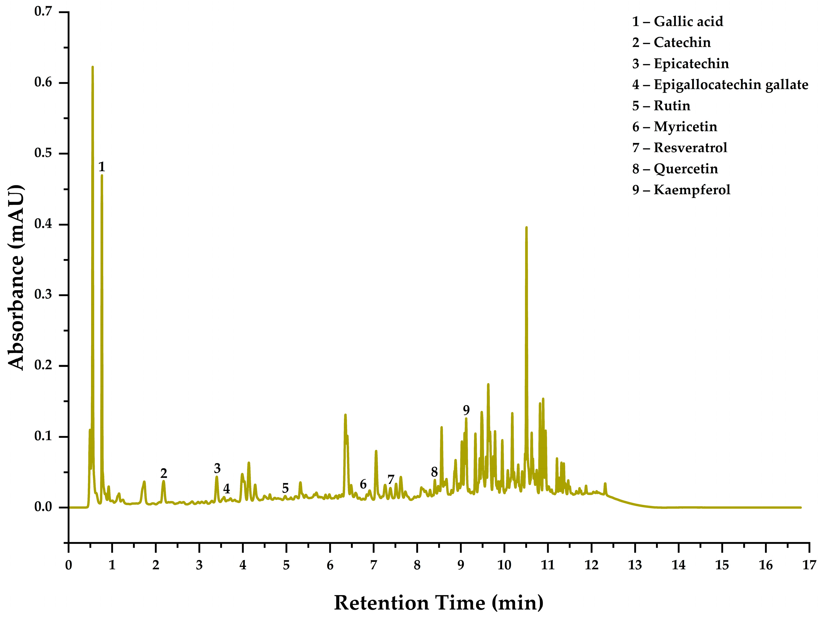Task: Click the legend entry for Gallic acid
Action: coord(677,21)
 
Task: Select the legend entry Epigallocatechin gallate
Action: coord(720,85)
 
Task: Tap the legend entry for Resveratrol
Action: coord(679,148)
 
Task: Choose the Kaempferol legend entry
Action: coord(681,190)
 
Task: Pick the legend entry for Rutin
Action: coord(661,106)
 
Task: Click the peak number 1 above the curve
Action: coord(102,167)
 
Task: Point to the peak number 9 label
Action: coord(466,410)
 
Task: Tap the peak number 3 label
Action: coord(217,468)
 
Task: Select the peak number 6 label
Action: coord(363,484)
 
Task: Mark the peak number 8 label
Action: coord(434,472)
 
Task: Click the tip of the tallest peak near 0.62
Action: coord(93,67)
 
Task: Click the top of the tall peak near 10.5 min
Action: coord(526,227)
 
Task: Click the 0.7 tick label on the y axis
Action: coord(43,12)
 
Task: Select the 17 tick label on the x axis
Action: coord(809,565)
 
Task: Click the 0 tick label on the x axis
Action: coord(69,565)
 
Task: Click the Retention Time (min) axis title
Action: coord(438,603)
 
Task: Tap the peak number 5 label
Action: coord(285,488)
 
